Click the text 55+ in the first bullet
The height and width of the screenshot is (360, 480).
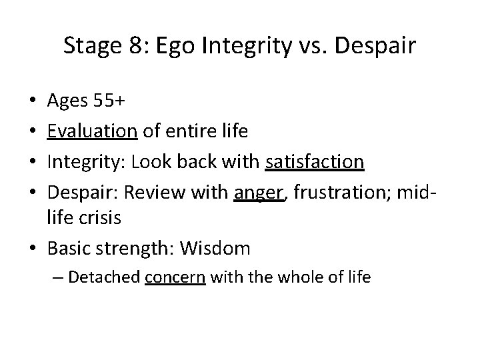107,102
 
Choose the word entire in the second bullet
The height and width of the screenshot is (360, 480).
186,131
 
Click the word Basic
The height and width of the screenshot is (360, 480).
67,249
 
